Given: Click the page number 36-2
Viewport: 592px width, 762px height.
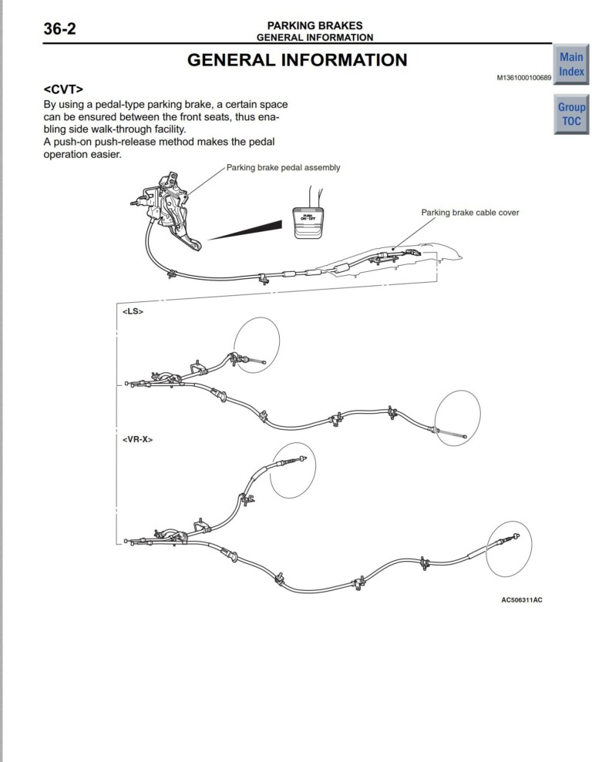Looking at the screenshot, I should click(59, 30).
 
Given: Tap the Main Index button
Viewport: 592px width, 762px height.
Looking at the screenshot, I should click(571, 64).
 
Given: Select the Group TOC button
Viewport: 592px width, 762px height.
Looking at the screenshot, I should click(571, 114).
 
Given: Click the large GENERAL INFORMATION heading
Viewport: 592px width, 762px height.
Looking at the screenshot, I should click(298, 60).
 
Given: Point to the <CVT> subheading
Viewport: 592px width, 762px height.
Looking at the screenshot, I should click(63, 89).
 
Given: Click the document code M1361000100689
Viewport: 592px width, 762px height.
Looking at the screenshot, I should click(524, 78).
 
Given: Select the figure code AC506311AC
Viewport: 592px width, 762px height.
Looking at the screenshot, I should click(521, 599).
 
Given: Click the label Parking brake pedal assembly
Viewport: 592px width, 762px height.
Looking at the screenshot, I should click(283, 167).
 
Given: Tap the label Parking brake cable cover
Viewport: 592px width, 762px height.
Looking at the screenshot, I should click(469, 213).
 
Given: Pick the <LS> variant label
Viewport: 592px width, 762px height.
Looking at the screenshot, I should click(133, 311).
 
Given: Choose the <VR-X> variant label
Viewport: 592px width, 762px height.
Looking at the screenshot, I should click(137, 438).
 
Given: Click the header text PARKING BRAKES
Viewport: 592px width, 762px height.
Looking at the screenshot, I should click(314, 25).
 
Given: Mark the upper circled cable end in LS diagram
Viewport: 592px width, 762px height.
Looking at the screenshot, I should click(257, 344).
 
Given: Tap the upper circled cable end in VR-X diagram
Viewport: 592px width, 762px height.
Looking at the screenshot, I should click(292, 470).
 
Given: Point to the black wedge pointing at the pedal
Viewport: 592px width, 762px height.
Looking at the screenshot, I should click(247, 230).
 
